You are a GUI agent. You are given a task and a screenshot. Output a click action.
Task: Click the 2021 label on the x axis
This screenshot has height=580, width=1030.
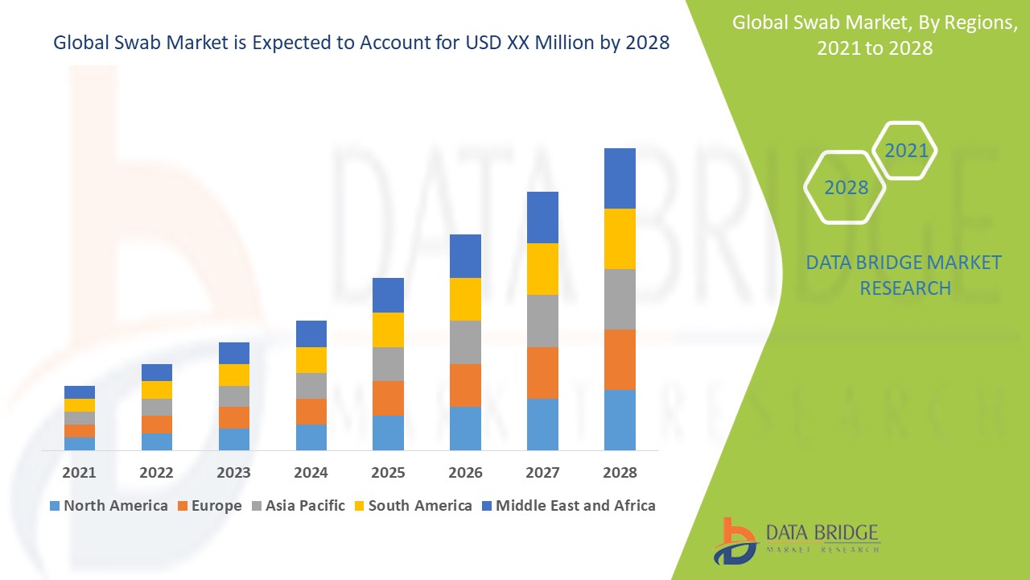pos(79,473)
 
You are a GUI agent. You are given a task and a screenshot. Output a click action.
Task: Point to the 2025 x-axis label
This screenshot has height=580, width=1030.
pos(388,473)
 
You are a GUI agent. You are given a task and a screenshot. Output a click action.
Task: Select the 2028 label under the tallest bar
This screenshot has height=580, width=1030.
pos(620,473)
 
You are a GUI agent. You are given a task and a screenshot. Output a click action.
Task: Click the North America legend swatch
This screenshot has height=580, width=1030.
pos(55,507)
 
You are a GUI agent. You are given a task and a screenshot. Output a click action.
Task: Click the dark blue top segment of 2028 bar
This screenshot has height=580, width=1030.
pos(620,178)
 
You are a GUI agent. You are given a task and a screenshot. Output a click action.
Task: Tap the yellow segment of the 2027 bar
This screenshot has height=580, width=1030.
pos(542,269)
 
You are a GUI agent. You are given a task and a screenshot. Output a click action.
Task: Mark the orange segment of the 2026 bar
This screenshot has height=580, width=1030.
pos(465,385)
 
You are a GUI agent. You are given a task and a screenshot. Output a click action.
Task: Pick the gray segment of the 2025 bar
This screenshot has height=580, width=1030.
pos(388,364)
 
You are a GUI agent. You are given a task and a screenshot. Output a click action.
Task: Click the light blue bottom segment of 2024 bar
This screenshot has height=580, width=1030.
pos(311,437)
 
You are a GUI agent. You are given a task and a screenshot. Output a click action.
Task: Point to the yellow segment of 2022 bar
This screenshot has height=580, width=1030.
pos(156,390)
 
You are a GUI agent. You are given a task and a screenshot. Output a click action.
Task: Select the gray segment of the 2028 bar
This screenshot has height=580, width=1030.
pos(620,299)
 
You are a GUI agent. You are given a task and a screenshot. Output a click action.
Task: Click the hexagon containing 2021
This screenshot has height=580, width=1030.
pos(905,151)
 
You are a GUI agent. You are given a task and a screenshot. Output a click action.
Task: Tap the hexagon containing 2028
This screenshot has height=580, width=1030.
pos(846,188)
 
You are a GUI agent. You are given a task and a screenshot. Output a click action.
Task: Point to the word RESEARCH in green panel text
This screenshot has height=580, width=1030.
pos(905,288)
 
